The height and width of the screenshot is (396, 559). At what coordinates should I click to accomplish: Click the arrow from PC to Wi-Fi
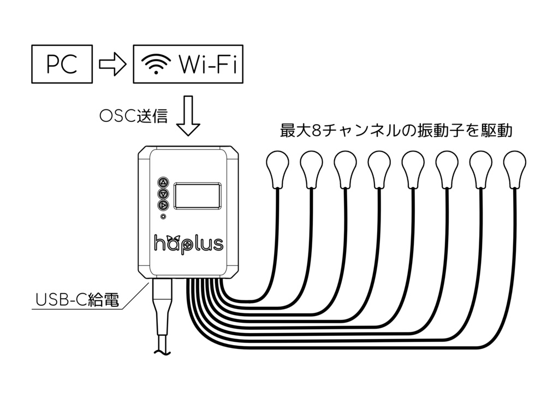click(x=112, y=65)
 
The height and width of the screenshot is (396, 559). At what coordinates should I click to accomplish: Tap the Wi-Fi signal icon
click(x=156, y=65)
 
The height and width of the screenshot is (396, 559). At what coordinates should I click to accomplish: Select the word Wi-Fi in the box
click(x=207, y=65)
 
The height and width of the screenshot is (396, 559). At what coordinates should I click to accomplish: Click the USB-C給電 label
click(x=76, y=300)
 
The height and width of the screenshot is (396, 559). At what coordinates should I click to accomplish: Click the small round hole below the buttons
click(x=163, y=217)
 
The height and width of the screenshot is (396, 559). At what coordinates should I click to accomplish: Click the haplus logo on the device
click(x=188, y=243)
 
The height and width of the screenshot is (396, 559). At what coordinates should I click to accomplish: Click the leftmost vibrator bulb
click(x=277, y=166)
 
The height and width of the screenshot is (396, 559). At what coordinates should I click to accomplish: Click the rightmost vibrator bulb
click(x=514, y=166)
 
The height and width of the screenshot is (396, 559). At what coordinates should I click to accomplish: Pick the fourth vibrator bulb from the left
click(x=379, y=166)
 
